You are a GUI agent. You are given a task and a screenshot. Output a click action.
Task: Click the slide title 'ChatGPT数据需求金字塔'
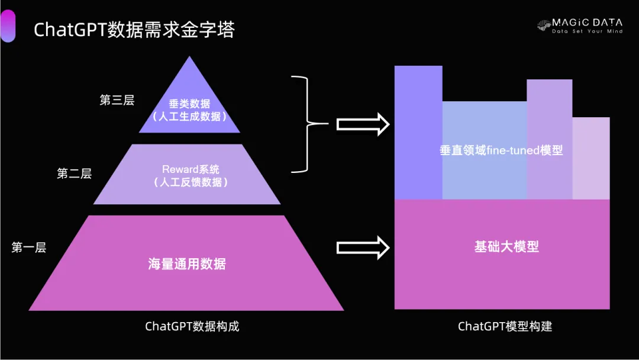[134, 30]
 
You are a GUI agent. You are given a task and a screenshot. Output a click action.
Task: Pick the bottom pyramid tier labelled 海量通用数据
[187, 264]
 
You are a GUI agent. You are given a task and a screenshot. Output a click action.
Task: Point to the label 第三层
[117, 100]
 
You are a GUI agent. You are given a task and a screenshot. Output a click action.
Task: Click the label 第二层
[74, 173]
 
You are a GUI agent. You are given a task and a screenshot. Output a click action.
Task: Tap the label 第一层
[28, 248]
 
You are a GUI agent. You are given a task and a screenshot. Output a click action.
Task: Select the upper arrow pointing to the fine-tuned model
[362, 124]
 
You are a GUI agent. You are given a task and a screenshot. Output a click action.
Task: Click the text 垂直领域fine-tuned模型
[501, 150]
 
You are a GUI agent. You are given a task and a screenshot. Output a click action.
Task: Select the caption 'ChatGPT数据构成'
[192, 326]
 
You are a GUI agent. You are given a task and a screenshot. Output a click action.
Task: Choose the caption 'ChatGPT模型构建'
[505, 326]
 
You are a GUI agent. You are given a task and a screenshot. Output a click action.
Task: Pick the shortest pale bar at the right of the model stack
[591, 158]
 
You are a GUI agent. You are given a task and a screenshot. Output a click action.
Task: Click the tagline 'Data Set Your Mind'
[587, 31]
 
